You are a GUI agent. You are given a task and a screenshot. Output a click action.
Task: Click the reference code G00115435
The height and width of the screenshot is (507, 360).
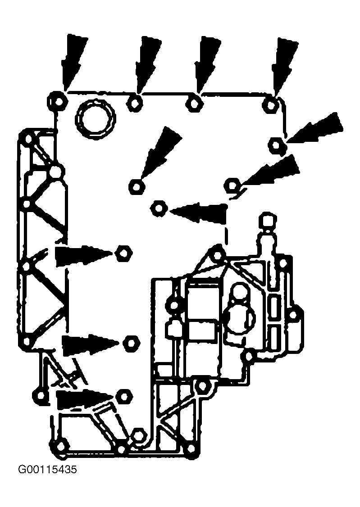(48, 469)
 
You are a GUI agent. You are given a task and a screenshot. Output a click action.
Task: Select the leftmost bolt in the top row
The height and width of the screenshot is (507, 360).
(58, 101)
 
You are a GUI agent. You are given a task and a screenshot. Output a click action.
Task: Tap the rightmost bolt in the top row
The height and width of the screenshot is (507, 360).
(271, 105)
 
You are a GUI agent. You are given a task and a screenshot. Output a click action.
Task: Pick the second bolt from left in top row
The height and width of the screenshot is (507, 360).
(136, 103)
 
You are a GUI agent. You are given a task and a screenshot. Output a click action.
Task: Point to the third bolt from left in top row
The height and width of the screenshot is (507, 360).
(194, 103)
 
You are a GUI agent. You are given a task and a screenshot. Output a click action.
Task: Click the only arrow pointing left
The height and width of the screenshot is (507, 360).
(198, 213)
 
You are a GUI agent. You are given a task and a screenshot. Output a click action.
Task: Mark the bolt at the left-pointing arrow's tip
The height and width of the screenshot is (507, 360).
(159, 208)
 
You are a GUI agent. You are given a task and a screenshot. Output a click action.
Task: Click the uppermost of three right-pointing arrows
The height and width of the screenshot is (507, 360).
(85, 256)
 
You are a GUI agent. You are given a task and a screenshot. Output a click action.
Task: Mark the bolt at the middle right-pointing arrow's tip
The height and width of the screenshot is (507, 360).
(131, 343)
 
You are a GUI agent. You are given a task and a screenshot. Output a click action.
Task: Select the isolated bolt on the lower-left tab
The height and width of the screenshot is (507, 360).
(41, 395)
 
